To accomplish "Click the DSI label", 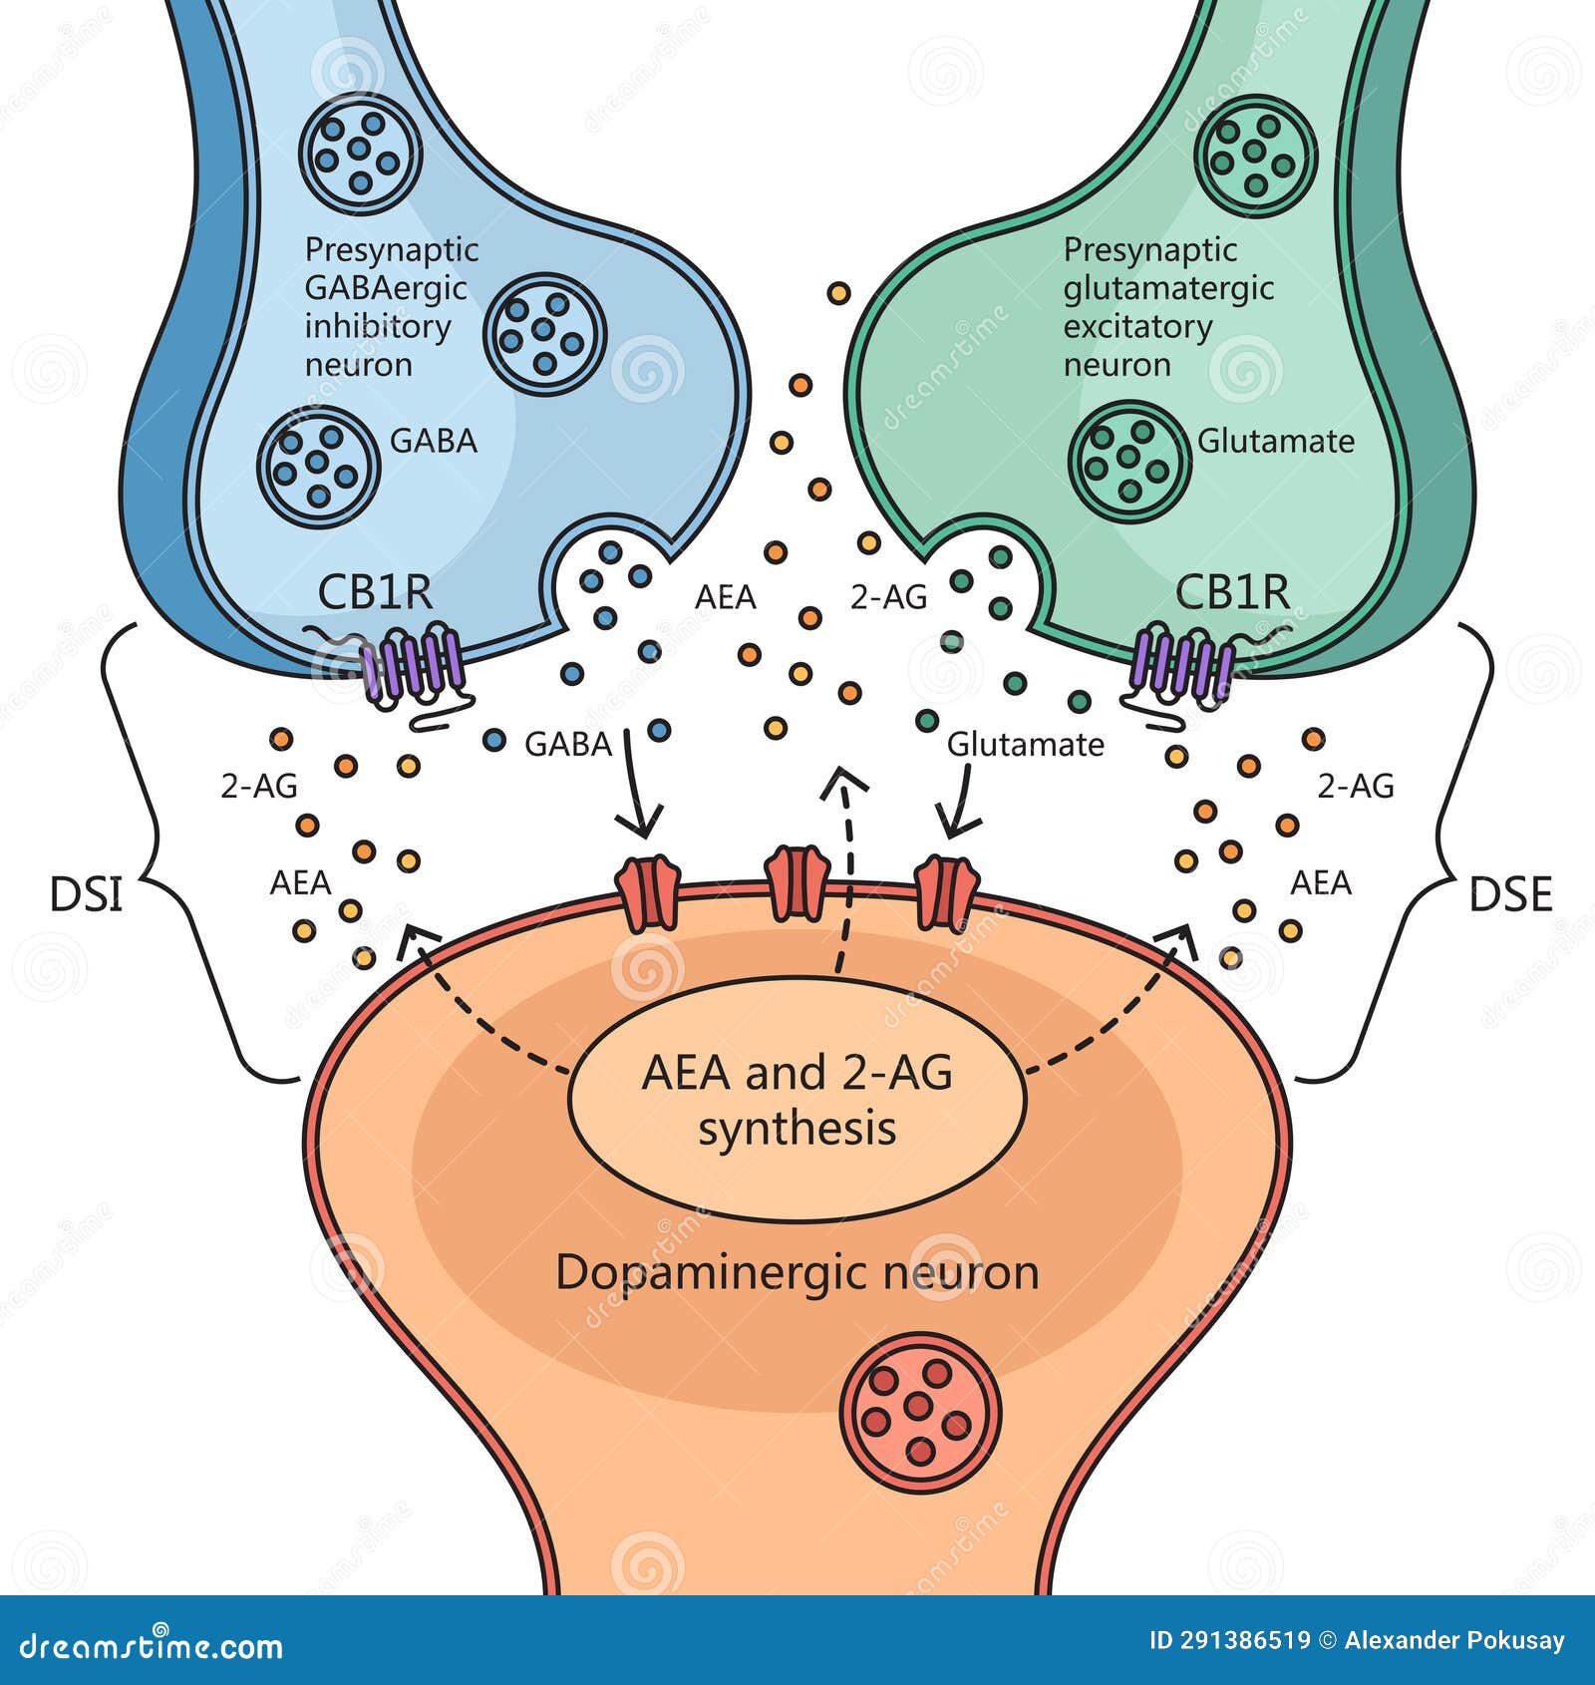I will click(86, 894).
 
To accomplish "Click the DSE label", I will click(1510, 894).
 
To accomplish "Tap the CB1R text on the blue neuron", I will click(375, 592).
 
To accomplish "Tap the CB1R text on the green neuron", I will click(1232, 592).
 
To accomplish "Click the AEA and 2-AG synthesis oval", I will click(797, 1100).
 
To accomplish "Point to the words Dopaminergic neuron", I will click(797, 1273).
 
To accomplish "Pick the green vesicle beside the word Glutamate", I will click(1129, 461).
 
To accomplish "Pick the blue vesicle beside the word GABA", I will click(318, 466).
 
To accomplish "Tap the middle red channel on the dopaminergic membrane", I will click(796, 883).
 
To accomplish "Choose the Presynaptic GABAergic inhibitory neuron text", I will click(391, 306).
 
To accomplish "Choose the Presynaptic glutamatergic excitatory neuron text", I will click(1167, 306).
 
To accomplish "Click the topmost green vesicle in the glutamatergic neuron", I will click(1256, 156).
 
